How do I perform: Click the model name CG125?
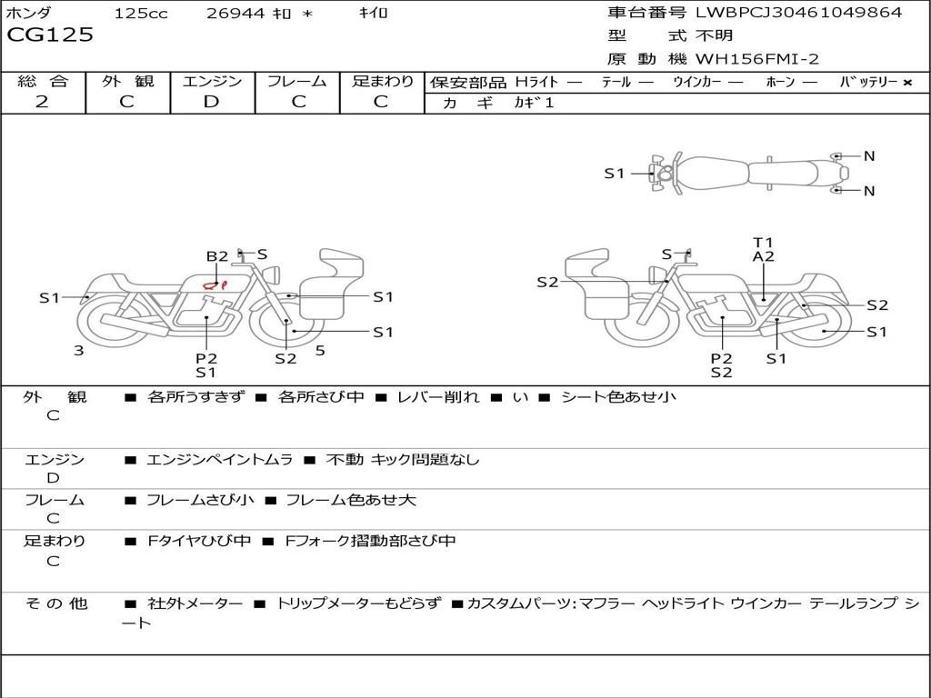click(50, 36)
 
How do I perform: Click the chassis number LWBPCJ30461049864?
click(798, 13)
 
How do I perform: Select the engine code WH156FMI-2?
click(757, 60)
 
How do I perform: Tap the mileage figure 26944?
click(235, 14)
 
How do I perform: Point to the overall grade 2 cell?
click(42, 102)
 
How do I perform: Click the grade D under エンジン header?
click(211, 102)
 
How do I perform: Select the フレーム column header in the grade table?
click(296, 81)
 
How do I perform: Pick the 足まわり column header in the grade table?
click(383, 81)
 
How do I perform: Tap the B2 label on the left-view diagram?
click(216, 256)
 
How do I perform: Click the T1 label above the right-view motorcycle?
click(763, 242)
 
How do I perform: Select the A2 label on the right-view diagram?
click(763, 257)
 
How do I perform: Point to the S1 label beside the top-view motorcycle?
click(615, 173)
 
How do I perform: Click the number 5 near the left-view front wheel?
click(320, 349)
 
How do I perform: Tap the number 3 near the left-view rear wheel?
click(79, 350)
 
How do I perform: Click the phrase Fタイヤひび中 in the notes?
click(198, 542)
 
